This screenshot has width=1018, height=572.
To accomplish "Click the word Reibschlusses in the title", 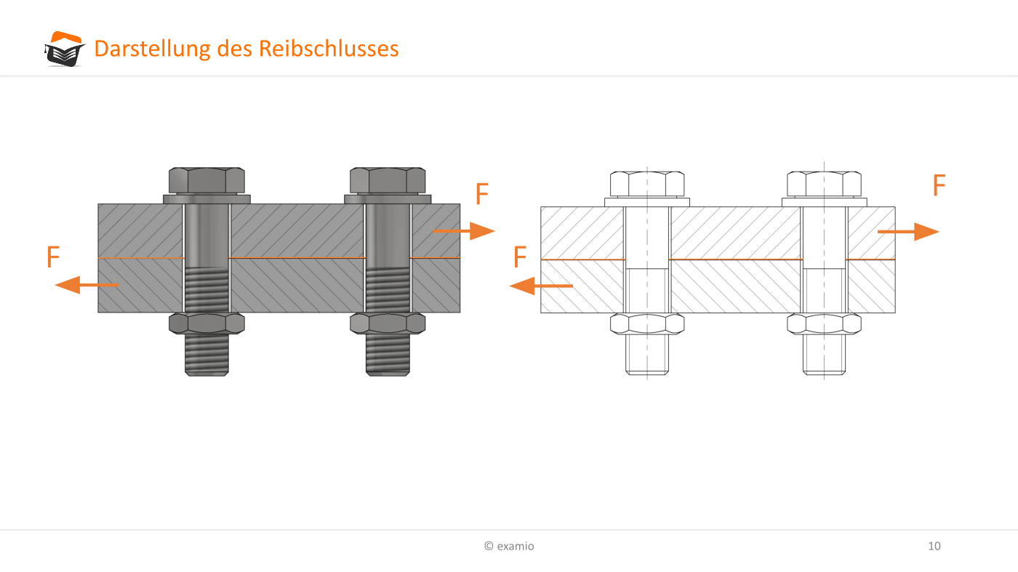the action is pos(329,49).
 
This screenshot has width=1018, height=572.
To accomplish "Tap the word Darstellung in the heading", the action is pos(152,49).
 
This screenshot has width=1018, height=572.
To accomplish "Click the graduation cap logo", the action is pos(65,49).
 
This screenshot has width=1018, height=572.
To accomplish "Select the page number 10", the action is pos(934,546).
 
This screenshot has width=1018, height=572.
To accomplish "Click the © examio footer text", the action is pos(509,546).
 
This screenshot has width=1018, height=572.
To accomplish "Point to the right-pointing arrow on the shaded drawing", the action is pos(464,231).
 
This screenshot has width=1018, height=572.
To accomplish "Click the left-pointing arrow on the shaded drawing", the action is pos(87,285).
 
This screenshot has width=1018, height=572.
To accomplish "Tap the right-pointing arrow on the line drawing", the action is pos(908,232).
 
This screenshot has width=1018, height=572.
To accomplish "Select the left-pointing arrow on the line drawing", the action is pos(541,286).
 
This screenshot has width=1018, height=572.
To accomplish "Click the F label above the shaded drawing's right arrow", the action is pos(481,193).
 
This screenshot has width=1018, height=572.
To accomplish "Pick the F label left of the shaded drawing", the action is pos(53,257).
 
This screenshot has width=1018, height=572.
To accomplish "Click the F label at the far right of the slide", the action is pos(939,185).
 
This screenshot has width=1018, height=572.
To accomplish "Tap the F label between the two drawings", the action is pos(520,257).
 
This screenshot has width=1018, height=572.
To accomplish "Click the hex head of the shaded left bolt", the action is pos(207,180).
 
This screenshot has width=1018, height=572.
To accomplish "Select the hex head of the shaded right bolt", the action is pos(388,180).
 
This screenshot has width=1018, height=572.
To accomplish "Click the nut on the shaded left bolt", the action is pos(207,323).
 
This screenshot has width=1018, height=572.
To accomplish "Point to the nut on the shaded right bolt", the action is pos(388,323).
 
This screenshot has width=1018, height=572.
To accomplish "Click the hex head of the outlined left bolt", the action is pos(647,184).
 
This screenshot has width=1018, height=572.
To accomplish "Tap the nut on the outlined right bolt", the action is pos(824,324).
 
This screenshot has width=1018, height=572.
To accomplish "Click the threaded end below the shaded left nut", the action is pos(207,355).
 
